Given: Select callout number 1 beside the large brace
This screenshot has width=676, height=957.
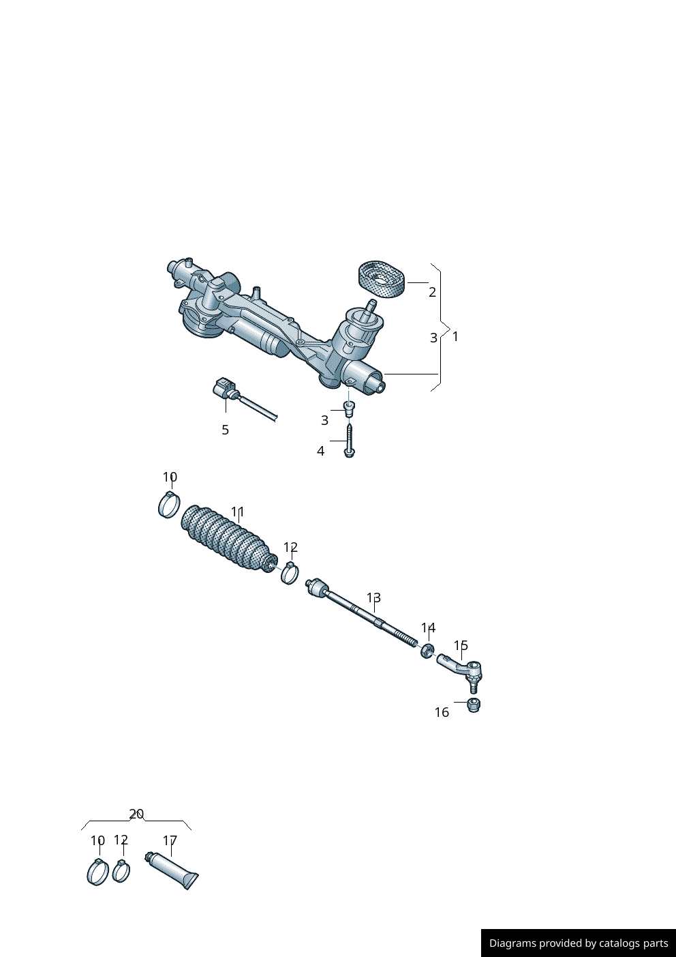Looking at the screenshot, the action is [x=455, y=337].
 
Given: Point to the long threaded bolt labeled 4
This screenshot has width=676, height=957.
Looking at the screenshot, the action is [x=349, y=441].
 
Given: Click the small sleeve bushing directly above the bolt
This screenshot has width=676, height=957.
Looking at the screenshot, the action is [x=349, y=409].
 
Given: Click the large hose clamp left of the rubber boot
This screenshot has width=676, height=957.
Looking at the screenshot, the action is [x=169, y=504].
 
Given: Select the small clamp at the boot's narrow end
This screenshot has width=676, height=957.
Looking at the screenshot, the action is [x=290, y=573].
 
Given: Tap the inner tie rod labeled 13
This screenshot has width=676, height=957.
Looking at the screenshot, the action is [x=362, y=613].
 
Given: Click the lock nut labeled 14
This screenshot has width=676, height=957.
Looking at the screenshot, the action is [x=428, y=651].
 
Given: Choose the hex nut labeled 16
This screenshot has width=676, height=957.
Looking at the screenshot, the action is [x=474, y=705].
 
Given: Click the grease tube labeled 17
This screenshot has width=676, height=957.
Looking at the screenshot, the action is [x=172, y=870].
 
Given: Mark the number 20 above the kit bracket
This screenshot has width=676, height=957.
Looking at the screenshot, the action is [x=136, y=814].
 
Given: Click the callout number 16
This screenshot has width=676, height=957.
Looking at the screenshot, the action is [x=442, y=712].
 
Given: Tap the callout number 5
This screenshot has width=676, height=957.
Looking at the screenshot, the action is [x=226, y=430].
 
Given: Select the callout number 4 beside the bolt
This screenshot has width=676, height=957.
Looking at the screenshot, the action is [x=320, y=451].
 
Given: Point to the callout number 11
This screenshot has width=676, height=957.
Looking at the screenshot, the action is [x=237, y=512].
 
